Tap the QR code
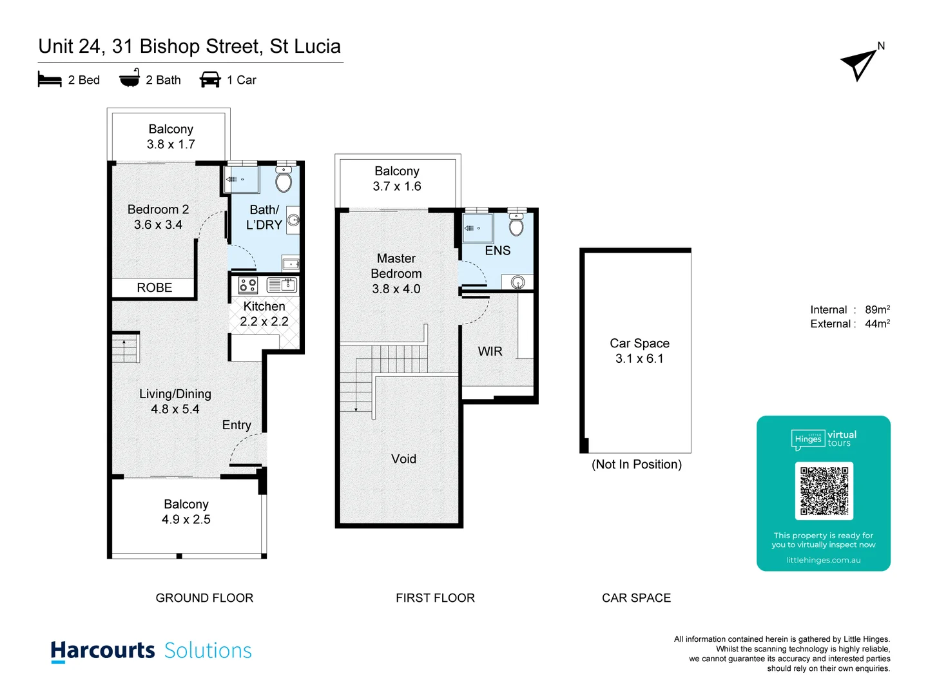coord(824,490)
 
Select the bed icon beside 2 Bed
coord(50,80)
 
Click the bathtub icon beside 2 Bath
coord(130,78)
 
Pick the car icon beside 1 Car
coord(210,80)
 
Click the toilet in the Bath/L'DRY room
coord(284,180)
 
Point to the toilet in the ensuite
coord(516,225)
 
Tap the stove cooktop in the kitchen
coord(248,285)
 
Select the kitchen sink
coord(282,285)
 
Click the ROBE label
coord(155,288)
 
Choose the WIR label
coord(490,351)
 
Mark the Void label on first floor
coord(403,459)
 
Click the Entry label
coord(237,425)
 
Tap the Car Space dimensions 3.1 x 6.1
coord(639,359)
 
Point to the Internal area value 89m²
coord(877,310)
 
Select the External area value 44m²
coord(877,324)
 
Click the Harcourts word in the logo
coord(103,650)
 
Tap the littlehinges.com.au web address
coord(823,560)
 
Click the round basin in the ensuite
coord(517,282)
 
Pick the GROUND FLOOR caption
coord(204,598)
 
